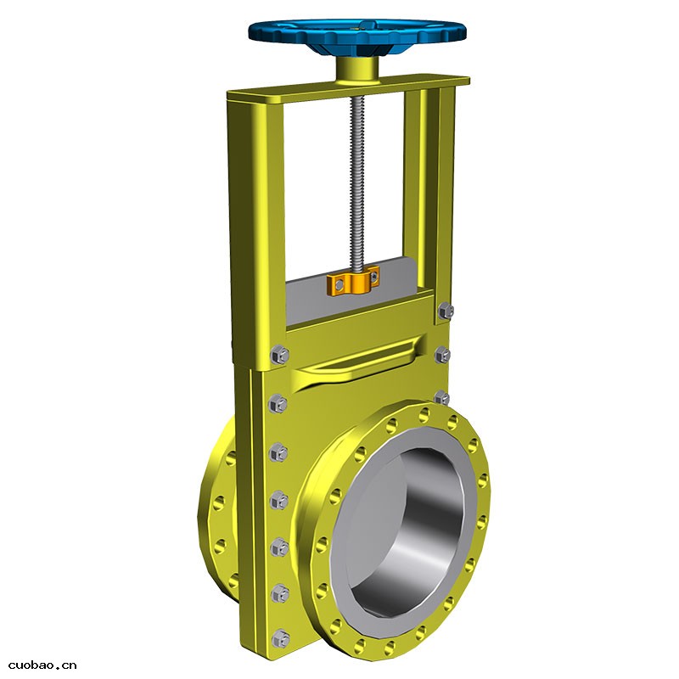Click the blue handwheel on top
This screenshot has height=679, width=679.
(x=357, y=35)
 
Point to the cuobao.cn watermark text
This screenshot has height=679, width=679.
(x=42, y=665)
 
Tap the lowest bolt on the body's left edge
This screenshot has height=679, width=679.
(x=280, y=639)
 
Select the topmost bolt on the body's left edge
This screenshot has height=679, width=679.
(x=280, y=355)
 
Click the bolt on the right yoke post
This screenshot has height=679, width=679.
(x=446, y=311)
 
